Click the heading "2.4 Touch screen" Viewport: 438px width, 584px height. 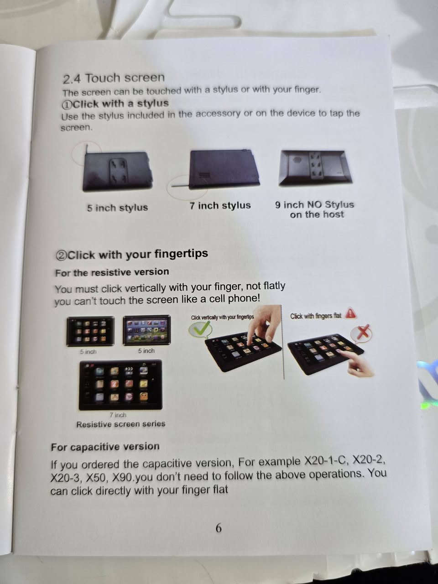click(114, 78)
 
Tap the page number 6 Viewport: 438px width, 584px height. click(219, 527)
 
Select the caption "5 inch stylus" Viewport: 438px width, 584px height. click(117, 208)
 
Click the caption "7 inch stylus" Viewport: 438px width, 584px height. click(220, 205)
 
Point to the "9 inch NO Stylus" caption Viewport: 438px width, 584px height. click(314, 204)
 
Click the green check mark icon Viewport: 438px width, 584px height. click(200, 329)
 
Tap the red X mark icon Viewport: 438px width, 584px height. click(362, 333)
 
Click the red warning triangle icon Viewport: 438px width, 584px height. click(350, 313)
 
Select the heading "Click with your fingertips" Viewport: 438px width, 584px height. click(137, 254)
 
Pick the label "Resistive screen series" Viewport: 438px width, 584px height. click(121, 424)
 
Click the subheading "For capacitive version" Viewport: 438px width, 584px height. click(105, 447)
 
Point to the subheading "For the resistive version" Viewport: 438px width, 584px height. click(112, 272)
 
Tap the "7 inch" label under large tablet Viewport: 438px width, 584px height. click(118, 415)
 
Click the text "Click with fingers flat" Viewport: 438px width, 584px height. click(315, 316)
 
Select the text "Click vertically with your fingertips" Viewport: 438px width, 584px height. click(222, 317)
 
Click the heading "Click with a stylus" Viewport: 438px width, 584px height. click(121, 104)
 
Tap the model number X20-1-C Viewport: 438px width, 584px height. click(326, 461)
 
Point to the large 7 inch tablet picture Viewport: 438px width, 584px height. click(120, 385)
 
